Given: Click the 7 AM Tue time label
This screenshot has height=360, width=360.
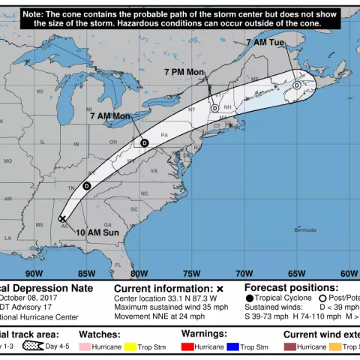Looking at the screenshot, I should click(x=265, y=43).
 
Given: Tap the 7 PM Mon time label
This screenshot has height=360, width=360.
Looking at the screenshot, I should click(x=184, y=71).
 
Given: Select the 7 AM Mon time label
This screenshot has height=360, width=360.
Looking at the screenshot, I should click(x=110, y=116).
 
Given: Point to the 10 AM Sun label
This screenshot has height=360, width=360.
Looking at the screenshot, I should click(x=97, y=232).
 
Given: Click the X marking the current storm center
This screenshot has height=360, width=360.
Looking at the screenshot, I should click(x=62, y=219).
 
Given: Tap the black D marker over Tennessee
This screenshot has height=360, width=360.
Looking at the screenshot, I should click(x=86, y=186).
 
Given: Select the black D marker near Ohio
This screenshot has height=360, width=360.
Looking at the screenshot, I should click(x=144, y=142).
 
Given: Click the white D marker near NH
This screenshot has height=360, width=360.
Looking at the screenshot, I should click(x=215, y=109).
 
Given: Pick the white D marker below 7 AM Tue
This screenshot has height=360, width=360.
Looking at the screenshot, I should click(x=297, y=85).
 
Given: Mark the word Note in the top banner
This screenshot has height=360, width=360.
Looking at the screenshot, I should click(x=34, y=13).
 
